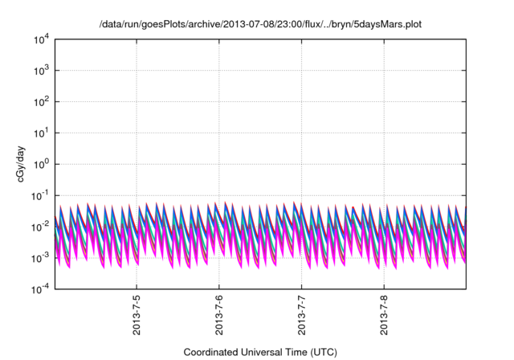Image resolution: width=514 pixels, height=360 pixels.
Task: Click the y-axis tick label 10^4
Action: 39,39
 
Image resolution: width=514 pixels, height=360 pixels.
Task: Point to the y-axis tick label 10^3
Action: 39,70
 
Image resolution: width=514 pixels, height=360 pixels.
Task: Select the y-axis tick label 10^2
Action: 39,101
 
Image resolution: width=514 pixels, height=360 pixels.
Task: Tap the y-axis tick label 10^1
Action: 39,133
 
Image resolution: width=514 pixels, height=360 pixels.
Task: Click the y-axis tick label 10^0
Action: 39,164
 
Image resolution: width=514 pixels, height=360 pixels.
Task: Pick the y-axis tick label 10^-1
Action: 39,194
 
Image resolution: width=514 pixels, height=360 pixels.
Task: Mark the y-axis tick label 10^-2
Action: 39,226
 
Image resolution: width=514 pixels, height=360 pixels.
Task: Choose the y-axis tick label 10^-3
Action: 39,257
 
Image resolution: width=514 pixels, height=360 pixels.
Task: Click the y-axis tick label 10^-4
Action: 39,288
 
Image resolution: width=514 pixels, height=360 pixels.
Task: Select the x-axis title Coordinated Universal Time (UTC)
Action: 260,352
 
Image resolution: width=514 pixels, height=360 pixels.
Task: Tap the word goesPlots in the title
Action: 166,24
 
